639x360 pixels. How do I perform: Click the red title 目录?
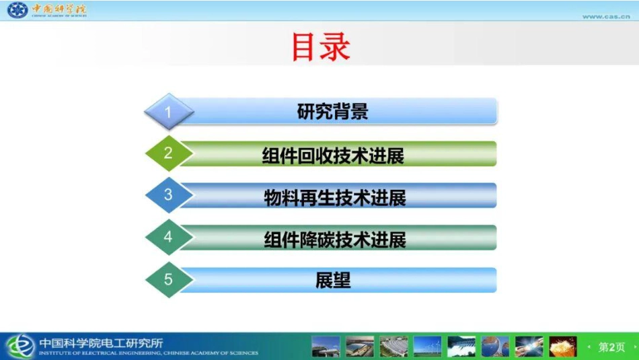(x=320, y=47)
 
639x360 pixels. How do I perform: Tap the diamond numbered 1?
(x=168, y=112)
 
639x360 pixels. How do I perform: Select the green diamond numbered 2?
(x=168, y=153)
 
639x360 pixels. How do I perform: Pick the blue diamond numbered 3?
(x=168, y=195)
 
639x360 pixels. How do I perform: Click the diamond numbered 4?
(x=168, y=237)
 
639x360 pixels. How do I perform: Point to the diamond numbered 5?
(x=168, y=279)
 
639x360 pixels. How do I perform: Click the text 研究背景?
(x=332, y=112)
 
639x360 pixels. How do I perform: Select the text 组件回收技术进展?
(x=332, y=155)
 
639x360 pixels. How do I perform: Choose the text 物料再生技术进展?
(x=334, y=198)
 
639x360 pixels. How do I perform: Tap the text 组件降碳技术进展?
(x=334, y=240)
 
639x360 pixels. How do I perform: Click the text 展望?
(x=333, y=280)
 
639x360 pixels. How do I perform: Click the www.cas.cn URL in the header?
(x=606, y=16)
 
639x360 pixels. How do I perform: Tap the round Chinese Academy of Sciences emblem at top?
(x=17, y=11)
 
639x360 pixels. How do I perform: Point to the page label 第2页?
(x=611, y=347)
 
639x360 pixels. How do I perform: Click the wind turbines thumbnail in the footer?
(x=427, y=347)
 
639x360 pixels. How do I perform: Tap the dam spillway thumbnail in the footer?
(x=461, y=347)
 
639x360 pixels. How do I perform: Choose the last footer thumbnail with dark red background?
(x=563, y=347)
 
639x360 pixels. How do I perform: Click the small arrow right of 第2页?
(x=632, y=347)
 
